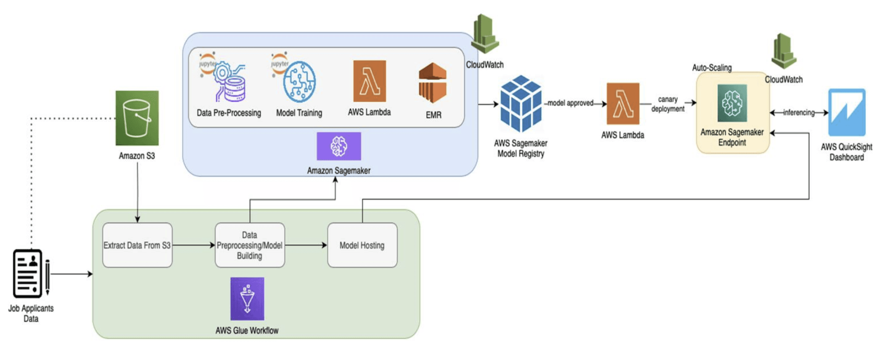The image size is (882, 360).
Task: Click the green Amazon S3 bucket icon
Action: click(x=137, y=118)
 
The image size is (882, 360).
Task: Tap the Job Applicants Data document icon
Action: click(x=28, y=273)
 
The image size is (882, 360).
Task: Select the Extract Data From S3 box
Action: click(x=137, y=245)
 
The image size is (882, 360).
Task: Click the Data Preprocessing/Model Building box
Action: click(x=250, y=245)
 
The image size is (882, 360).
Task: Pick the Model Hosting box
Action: click(x=362, y=245)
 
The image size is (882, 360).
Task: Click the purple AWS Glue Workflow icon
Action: click(x=247, y=298)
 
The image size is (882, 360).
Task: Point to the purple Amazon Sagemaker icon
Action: click(x=339, y=146)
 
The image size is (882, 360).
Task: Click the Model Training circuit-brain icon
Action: click(x=299, y=82)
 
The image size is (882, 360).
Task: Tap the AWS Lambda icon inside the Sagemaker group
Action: click(x=369, y=81)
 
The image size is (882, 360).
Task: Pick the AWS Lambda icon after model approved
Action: click(x=623, y=103)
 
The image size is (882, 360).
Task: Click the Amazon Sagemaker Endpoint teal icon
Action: click(x=732, y=103)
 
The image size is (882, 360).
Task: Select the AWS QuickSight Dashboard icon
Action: click(x=847, y=112)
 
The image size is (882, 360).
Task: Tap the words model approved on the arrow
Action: click(x=570, y=103)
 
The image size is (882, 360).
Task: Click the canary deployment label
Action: click(x=668, y=104)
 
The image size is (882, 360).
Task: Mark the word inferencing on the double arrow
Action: click(x=799, y=113)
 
